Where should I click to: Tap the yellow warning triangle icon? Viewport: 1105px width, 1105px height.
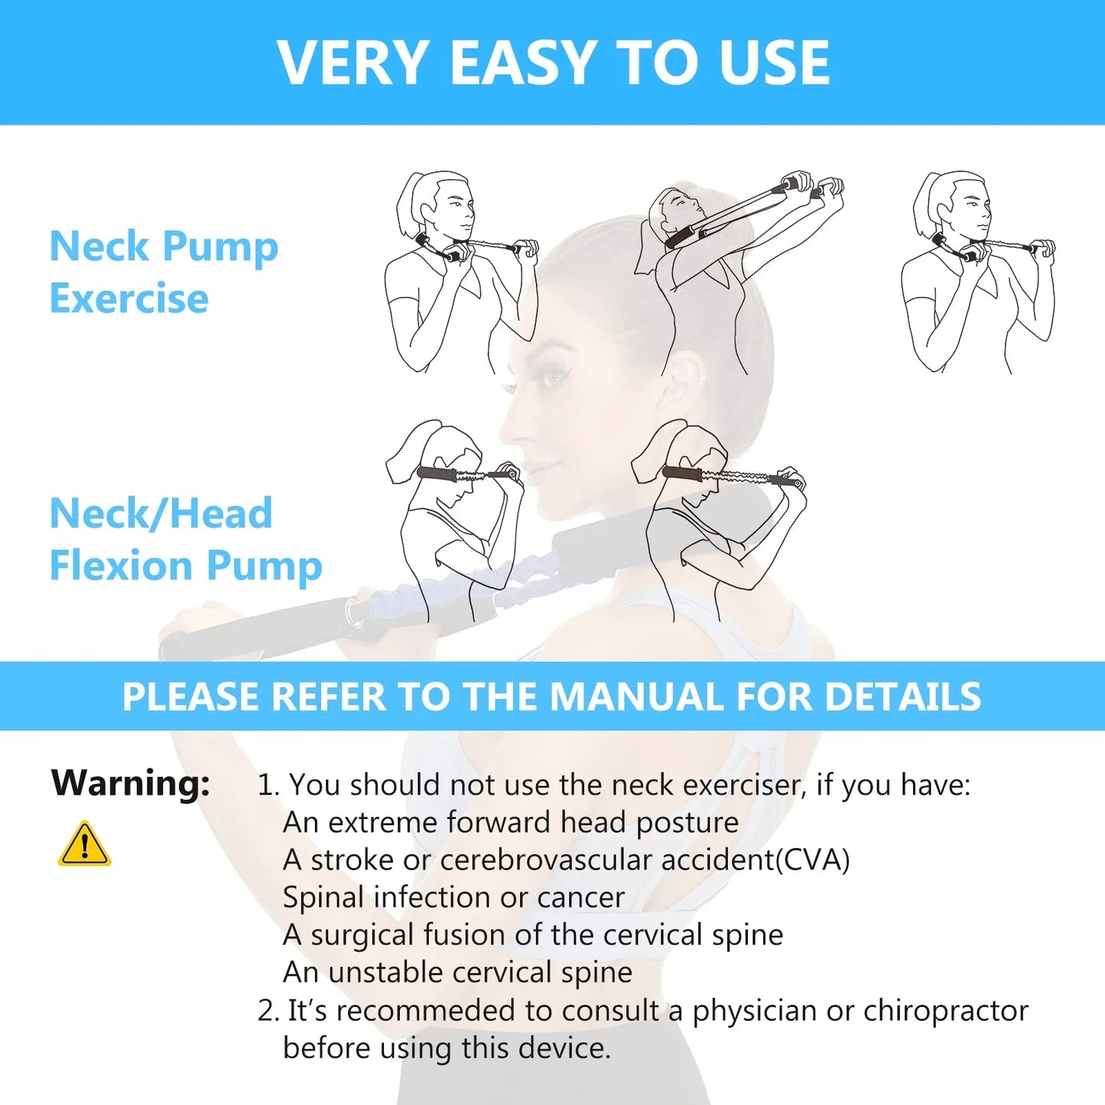coord(84,844)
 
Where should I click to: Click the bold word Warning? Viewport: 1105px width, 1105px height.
coord(131,783)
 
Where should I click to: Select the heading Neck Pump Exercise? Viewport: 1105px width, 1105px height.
coord(164,271)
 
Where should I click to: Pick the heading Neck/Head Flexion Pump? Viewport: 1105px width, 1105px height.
coord(186,539)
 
